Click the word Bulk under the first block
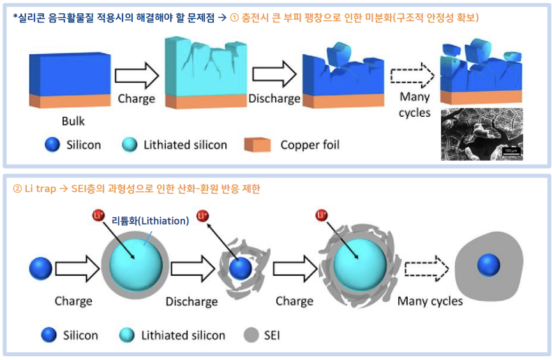tap(73, 121)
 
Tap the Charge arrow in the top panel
tap(137, 75)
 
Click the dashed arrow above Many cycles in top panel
tap(412, 76)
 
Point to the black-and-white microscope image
tap(482, 133)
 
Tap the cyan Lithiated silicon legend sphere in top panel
tap(130, 145)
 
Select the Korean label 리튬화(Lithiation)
tap(150, 221)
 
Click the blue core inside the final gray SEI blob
tap(488, 264)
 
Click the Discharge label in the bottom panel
tap(191, 301)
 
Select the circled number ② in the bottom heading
tap(18, 189)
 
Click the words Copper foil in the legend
tap(310, 145)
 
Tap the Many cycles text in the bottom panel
tap(430, 301)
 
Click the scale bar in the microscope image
tap(512, 151)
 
